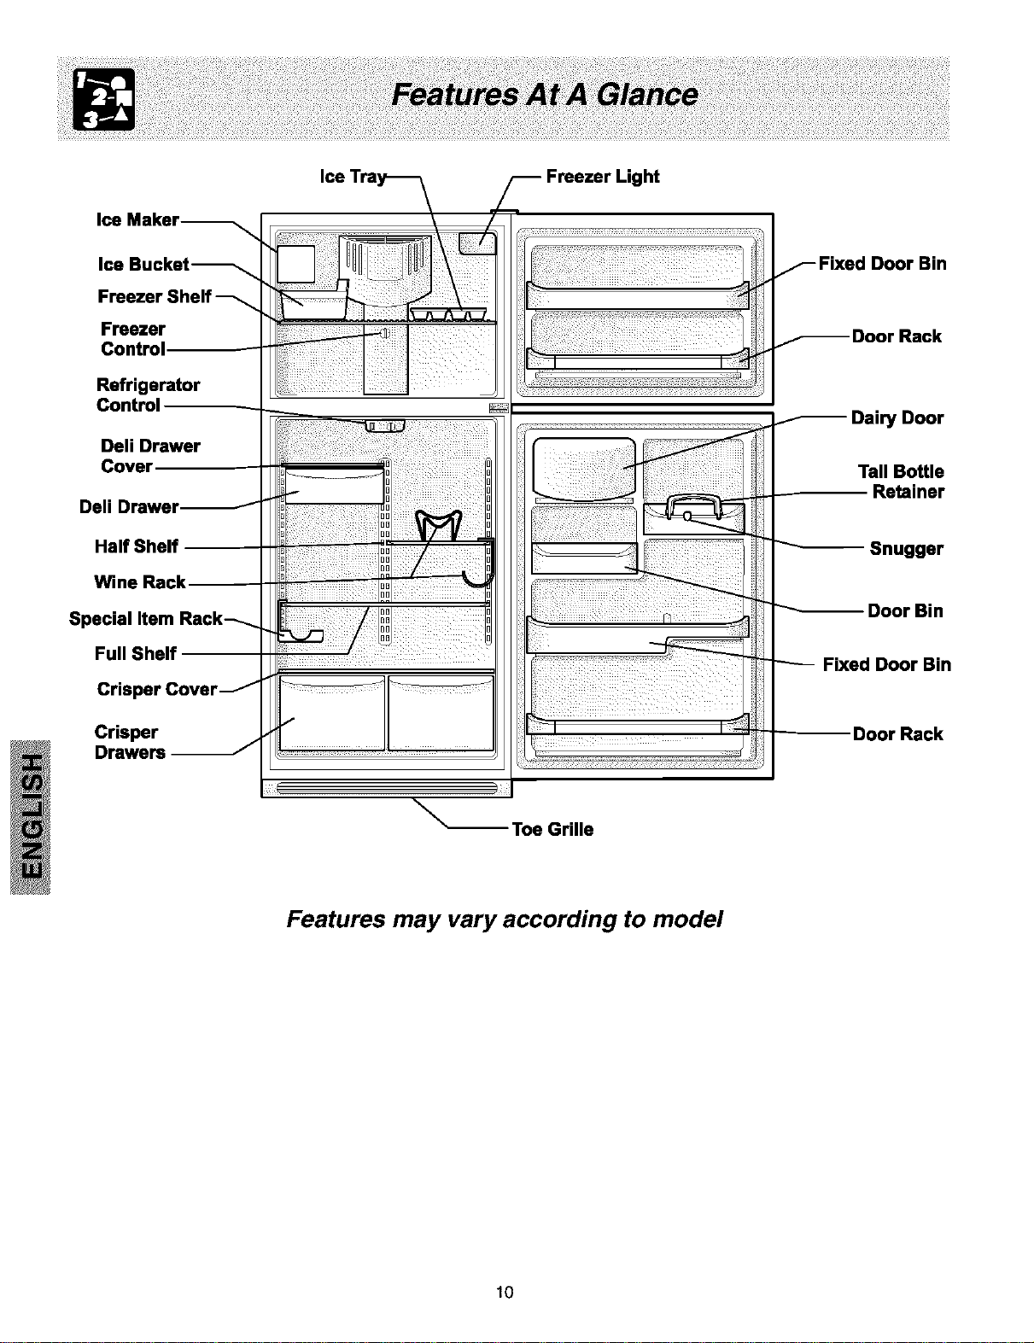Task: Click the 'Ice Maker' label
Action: coord(137,219)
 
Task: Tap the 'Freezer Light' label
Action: coord(603,176)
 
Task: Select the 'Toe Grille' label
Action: coord(552,829)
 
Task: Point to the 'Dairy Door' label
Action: coord(897,417)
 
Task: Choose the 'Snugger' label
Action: coord(906,549)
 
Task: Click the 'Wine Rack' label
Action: coord(140,581)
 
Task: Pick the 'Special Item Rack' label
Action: coord(145,618)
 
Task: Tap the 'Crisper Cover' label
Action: coord(157,689)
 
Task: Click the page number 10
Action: coord(505,1292)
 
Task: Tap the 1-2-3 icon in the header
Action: coord(104,99)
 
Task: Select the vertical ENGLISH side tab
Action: coord(30,816)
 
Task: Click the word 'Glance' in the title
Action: coord(647,95)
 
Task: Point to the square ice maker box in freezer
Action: coord(295,264)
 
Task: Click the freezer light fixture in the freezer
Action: coord(477,243)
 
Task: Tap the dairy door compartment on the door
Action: coord(584,469)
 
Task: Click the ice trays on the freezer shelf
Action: coord(447,314)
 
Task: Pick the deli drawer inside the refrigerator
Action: coord(334,485)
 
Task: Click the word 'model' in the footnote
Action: coord(687,919)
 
